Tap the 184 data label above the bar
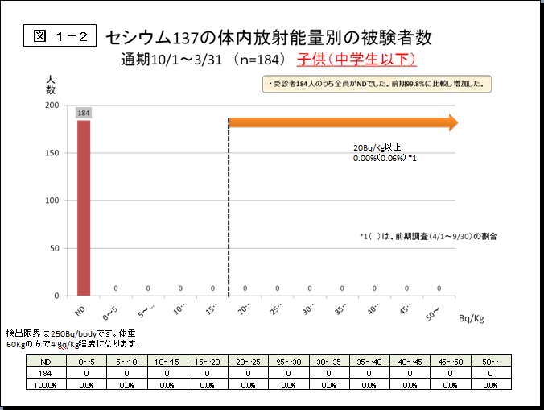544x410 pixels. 84,113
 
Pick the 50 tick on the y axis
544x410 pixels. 54,248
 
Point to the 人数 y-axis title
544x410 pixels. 51,84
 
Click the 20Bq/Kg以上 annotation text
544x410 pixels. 377,148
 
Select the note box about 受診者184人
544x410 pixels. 377,83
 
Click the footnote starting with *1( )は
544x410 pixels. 428,236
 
